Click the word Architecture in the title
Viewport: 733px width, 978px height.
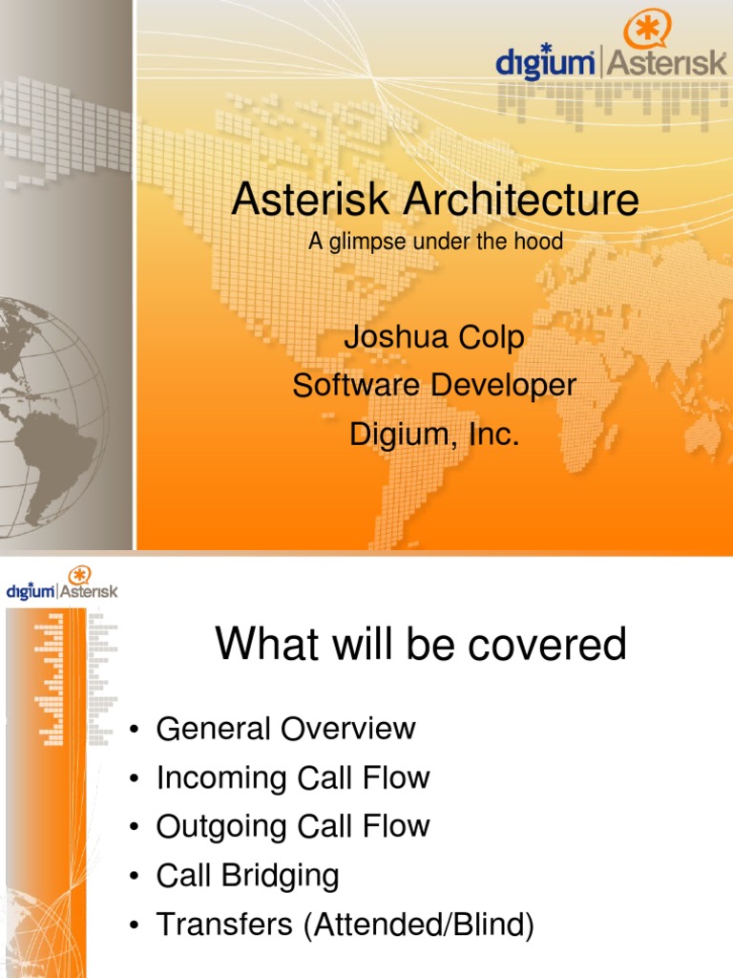pyautogui.click(x=520, y=202)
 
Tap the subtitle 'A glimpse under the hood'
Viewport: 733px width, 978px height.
pyautogui.click(x=435, y=243)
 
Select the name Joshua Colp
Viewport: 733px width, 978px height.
pyautogui.click(x=434, y=340)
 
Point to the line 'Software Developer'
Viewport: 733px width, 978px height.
pyautogui.click(x=434, y=386)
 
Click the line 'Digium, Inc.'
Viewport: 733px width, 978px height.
pyautogui.click(x=434, y=435)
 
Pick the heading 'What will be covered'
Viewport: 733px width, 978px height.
pyautogui.click(x=421, y=645)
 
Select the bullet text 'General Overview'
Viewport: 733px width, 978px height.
pyautogui.click(x=285, y=729)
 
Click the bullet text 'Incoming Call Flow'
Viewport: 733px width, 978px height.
pyautogui.click(x=293, y=777)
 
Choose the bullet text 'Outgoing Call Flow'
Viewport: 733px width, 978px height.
pyautogui.click(x=293, y=826)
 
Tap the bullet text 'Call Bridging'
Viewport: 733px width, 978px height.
pyautogui.click(x=247, y=876)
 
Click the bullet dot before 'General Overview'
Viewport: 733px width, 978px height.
pyautogui.click(x=136, y=732)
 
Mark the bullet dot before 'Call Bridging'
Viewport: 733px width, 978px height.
pyautogui.click(x=136, y=878)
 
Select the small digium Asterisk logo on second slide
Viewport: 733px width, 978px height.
pyautogui.click(x=62, y=585)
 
